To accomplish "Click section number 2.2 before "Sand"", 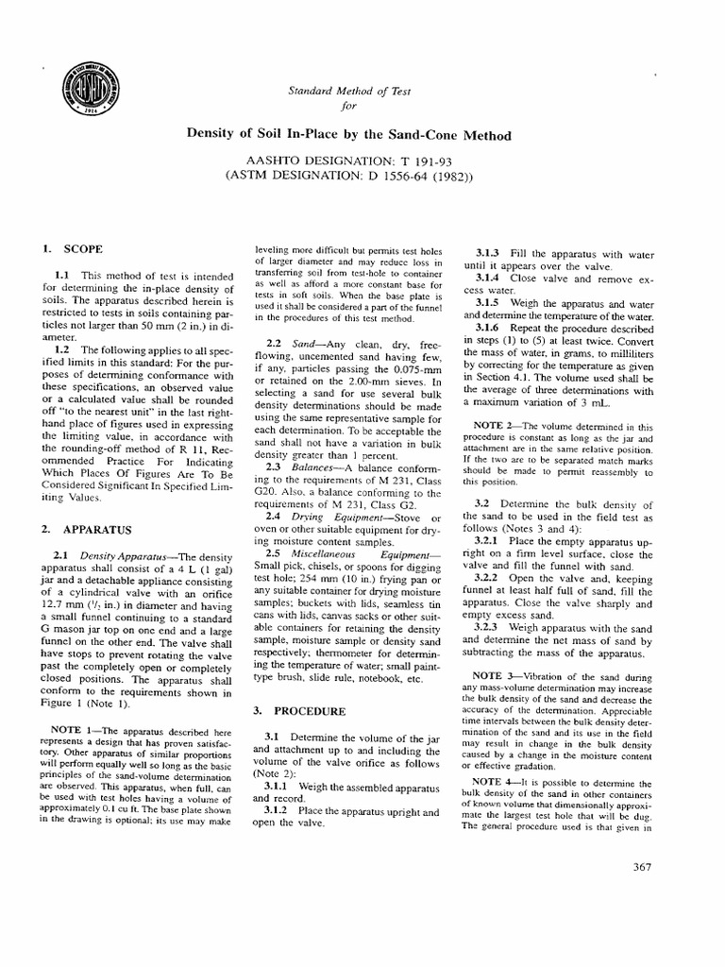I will click(x=275, y=341).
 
